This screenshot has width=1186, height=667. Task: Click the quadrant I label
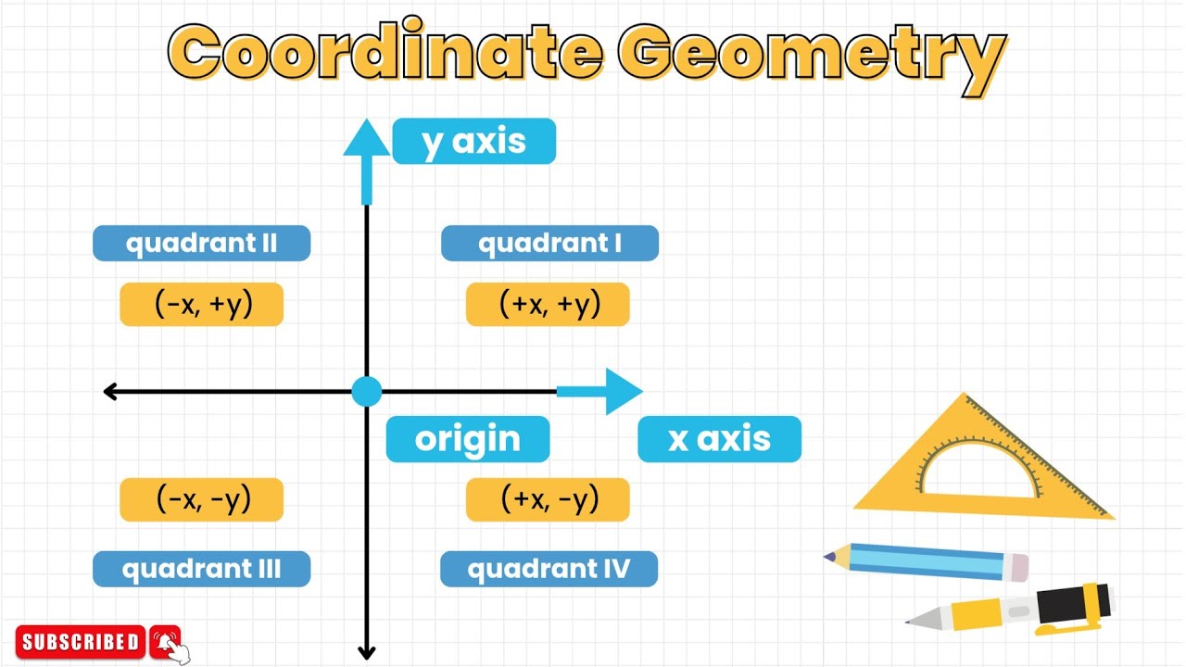tap(549, 244)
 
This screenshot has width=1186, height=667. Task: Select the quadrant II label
tap(201, 244)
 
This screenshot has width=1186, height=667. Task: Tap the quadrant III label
tap(201, 569)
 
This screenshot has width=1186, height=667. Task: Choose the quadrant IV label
tap(549, 569)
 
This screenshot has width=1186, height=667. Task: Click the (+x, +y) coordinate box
tap(548, 305)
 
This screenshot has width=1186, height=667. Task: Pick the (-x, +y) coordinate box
tap(201, 305)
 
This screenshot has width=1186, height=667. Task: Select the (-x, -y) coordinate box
tap(201, 500)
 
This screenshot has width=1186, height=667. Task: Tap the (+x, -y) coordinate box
tap(548, 500)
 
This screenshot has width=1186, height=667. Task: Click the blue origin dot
tap(367, 392)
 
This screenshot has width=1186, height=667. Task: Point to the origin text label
tap(468, 439)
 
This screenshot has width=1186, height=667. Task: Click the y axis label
tap(473, 142)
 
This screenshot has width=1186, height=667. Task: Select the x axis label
tap(719, 439)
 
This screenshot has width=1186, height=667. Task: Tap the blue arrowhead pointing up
tap(367, 139)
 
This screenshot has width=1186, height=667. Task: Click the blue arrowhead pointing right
tap(623, 391)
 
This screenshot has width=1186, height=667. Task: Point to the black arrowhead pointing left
tap(110, 392)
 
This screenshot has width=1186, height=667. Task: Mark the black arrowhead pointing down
tap(367, 651)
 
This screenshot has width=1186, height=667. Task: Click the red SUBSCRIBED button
tap(81, 641)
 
